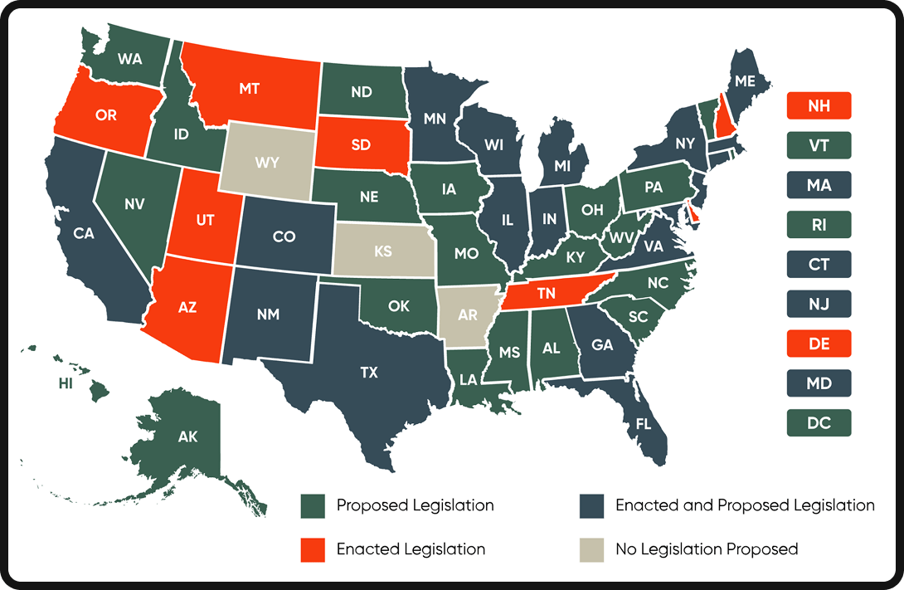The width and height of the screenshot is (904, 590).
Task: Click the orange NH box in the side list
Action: [819, 105]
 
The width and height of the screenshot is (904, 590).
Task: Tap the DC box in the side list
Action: [819, 423]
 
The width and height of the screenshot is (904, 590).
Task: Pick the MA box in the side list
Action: [819, 185]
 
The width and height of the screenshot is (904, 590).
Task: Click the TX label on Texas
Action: [369, 373]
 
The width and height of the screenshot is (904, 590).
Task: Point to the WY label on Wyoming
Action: [267, 163]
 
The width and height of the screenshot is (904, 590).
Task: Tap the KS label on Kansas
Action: [382, 251]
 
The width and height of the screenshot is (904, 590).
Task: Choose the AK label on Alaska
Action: [188, 436]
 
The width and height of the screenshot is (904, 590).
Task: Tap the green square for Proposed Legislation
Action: [313, 505]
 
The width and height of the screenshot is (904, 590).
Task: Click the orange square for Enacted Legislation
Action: [313, 549]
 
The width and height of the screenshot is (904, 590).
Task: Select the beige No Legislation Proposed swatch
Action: [591, 549]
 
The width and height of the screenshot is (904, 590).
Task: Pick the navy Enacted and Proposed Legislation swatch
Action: [591, 505]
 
